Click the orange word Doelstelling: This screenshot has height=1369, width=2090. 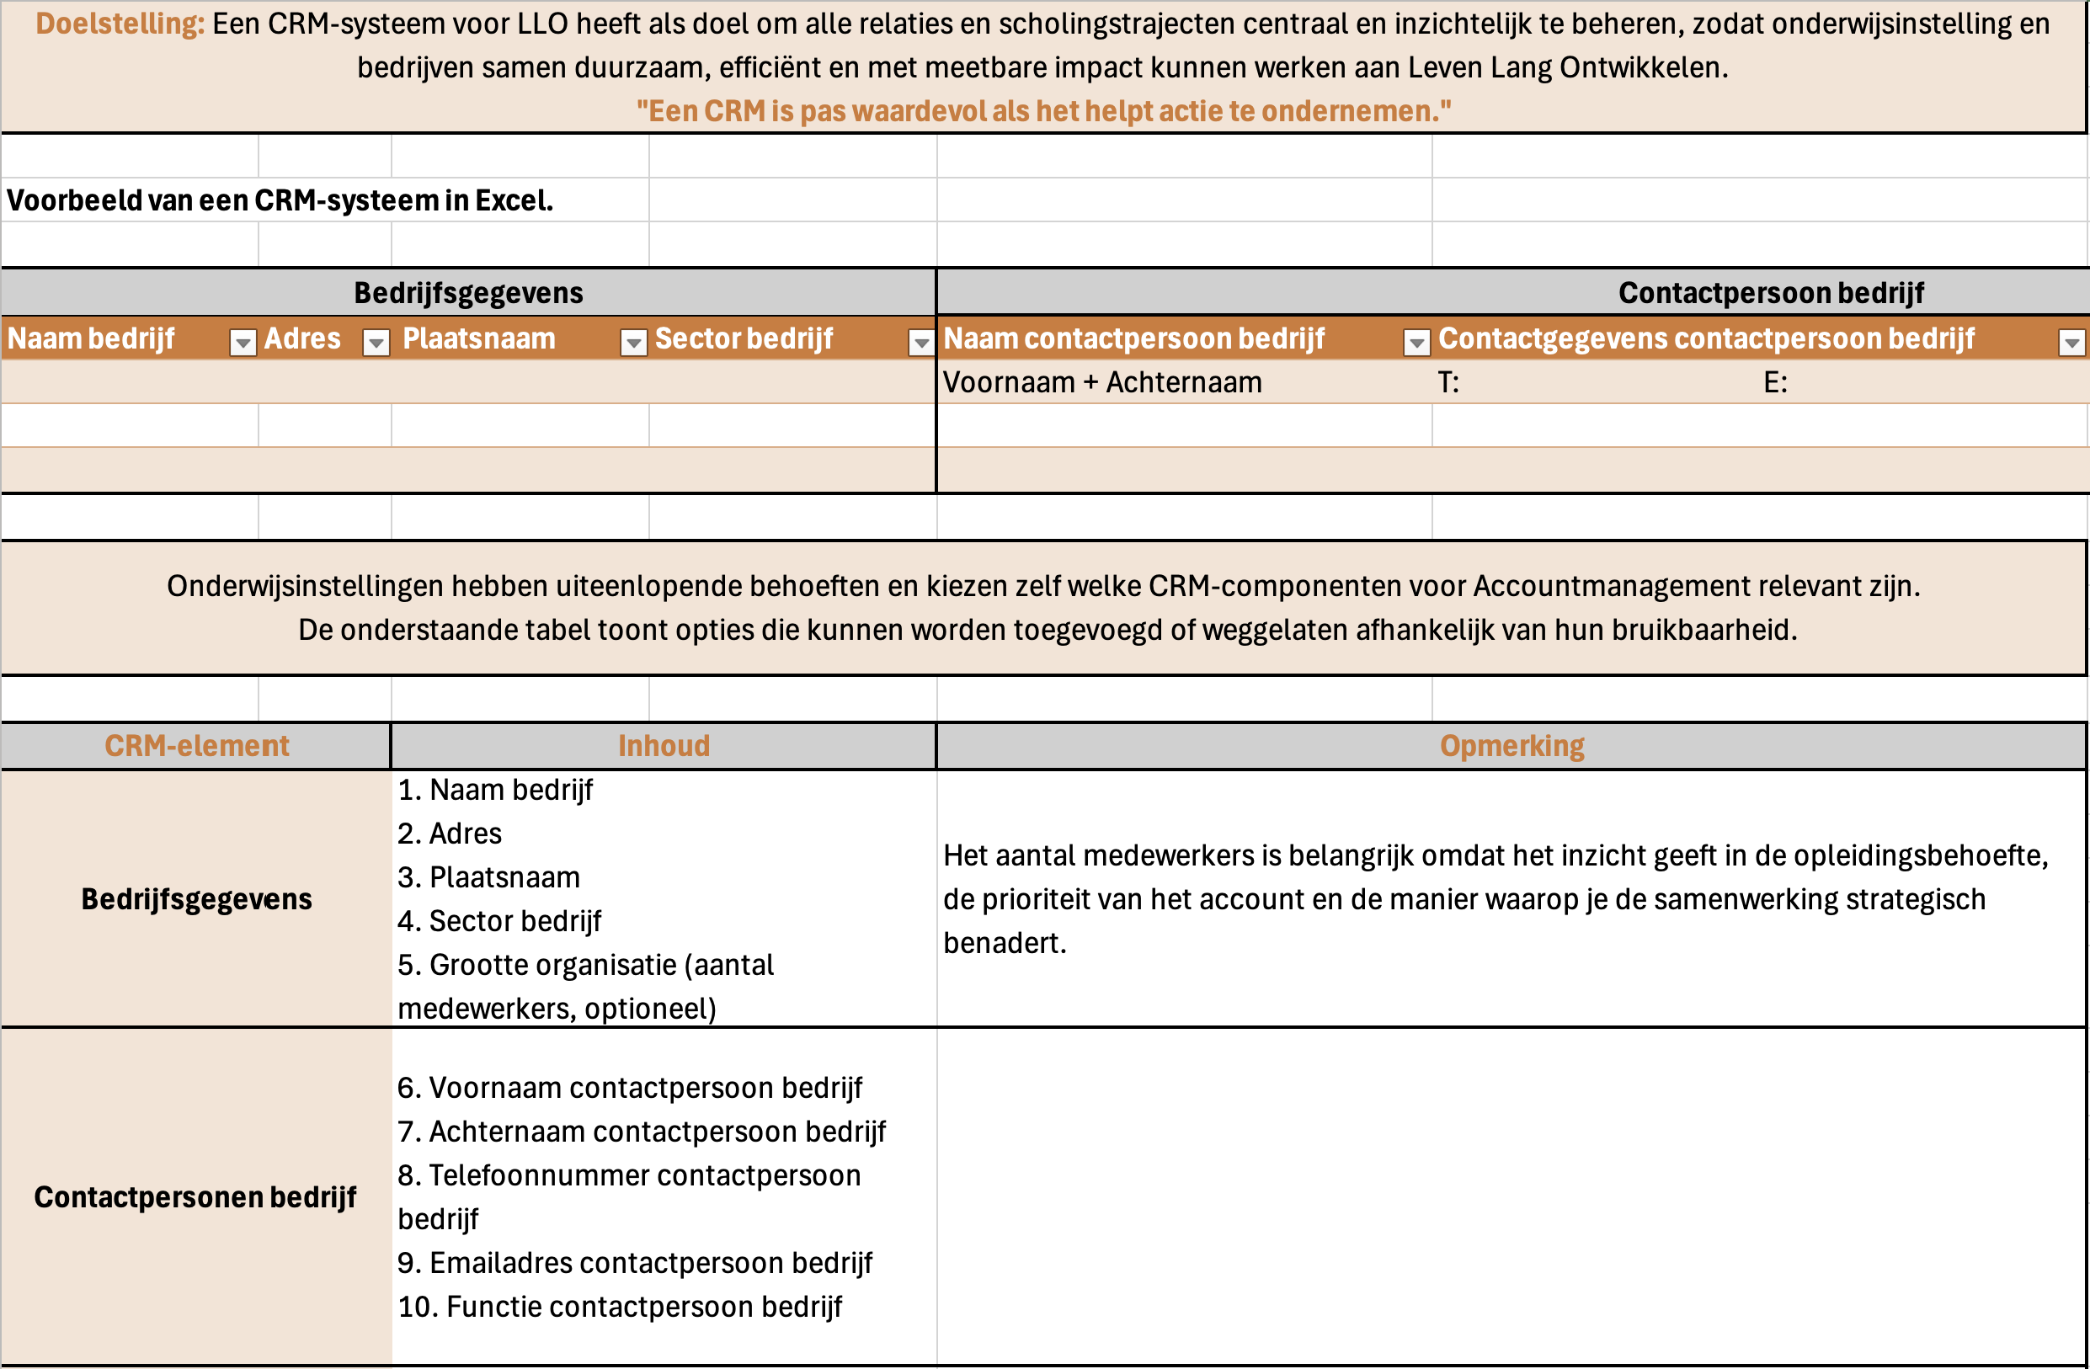pyautogui.click(x=120, y=24)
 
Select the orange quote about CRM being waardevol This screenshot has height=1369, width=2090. pyautogui.click(x=1043, y=111)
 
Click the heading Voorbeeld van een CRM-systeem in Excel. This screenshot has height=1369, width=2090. pyautogui.click(x=280, y=201)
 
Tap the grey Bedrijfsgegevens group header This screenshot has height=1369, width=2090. pyautogui.click(x=468, y=293)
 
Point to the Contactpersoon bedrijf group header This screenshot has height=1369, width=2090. pyautogui.click(x=1770, y=293)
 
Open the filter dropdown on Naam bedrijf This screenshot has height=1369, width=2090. pyautogui.click(x=243, y=343)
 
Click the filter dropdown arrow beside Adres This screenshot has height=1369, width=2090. pyautogui.click(x=376, y=343)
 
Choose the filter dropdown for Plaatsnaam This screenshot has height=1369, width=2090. pyautogui.click(x=633, y=343)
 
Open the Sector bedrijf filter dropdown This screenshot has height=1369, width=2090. pyautogui.click(x=920, y=343)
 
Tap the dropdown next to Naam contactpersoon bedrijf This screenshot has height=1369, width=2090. pyautogui.click(x=1416, y=343)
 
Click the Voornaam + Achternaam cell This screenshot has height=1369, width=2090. pyautogui.click(x=1102, y=383)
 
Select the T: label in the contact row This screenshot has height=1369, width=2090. pyautogui.click(x=1448, y=383)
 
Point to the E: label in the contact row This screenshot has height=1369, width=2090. pyautogui.click(x=1775, y=383)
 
